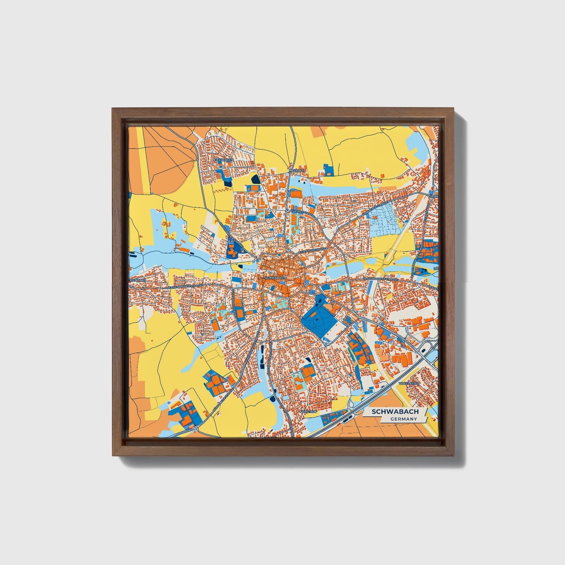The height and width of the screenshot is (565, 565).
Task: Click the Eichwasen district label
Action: point(224,160)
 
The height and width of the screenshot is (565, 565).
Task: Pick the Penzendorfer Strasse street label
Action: point(380,279)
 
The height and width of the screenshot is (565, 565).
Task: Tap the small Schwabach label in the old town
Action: point(275,278)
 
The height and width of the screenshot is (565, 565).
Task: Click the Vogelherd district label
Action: point(409,384)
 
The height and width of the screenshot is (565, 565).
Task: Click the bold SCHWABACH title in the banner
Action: point(395,412)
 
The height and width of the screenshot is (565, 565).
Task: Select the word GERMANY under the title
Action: point(403,419)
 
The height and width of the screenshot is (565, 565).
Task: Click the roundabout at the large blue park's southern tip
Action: point(325,345)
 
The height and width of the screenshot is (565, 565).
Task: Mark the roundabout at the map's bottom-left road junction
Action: point(196,427)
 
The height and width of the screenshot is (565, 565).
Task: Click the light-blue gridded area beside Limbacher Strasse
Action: point(385,221)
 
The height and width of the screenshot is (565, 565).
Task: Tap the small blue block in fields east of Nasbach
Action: point(329,170)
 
